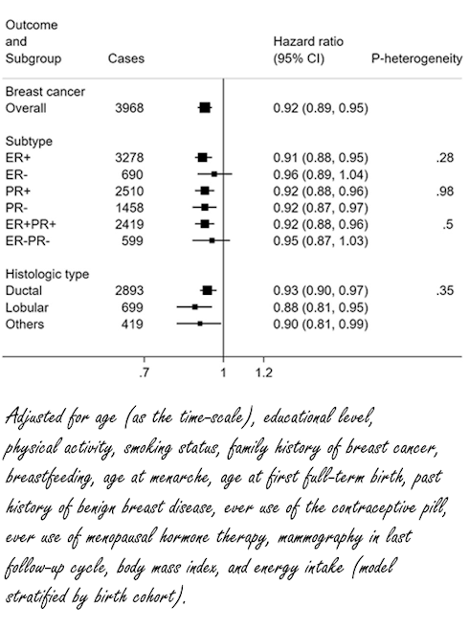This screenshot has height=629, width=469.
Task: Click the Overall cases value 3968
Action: [x=126, y=108]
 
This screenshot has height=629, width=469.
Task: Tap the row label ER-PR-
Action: [x=28, y=239]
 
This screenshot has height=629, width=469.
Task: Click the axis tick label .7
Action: [x=145, y=371]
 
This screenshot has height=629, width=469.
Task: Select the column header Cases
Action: [x=126, y=58]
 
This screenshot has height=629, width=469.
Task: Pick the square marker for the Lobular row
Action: [x=194, y=306]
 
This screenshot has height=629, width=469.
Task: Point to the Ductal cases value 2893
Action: [x=126, y=289]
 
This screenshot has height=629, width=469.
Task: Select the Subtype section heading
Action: [x=28, y=140]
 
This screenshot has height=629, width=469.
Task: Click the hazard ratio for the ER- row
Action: [x=320, y=173]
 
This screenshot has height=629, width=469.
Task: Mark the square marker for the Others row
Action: [x=200, y=324]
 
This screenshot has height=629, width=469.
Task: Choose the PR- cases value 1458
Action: [x=126, y=207]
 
